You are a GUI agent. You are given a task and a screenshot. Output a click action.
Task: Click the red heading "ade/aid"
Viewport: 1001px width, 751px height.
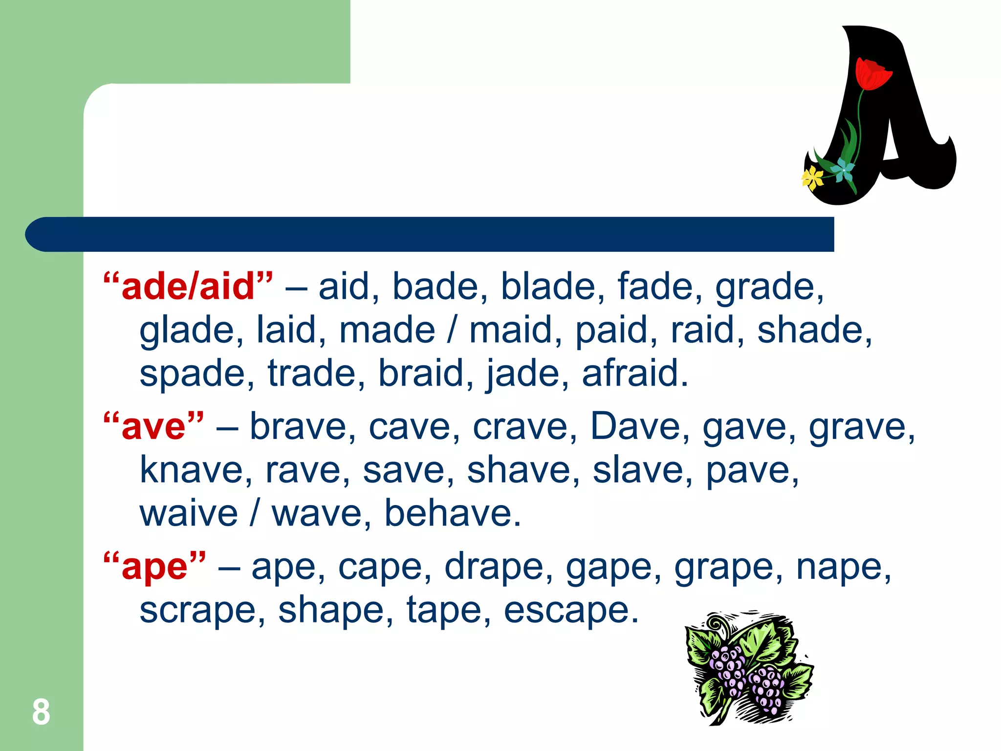(x=188, y=287)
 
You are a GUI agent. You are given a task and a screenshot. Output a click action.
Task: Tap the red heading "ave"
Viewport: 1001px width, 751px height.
(x=153, y=427)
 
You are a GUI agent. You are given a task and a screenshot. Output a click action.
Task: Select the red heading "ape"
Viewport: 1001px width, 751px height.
(x=154, y=568)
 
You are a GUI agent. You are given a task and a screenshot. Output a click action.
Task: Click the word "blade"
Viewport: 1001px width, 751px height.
(x=546, y=287)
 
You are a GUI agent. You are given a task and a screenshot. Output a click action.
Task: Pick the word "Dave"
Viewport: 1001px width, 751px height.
(x=635, y=427)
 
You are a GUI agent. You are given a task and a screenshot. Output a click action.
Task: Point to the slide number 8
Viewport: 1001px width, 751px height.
(x=41, y=712)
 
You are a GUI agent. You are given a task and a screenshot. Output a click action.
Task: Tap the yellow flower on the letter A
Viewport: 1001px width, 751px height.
(x=812, y=177)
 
